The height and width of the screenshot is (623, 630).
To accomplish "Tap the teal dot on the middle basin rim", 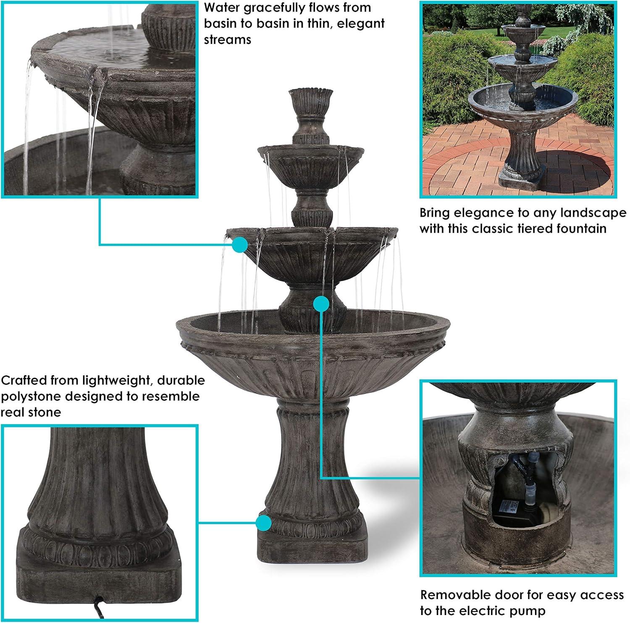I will point(240,244).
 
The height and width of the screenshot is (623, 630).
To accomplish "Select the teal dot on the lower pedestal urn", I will point(321,303).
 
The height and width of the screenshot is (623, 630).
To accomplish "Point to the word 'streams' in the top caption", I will point(228,39).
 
